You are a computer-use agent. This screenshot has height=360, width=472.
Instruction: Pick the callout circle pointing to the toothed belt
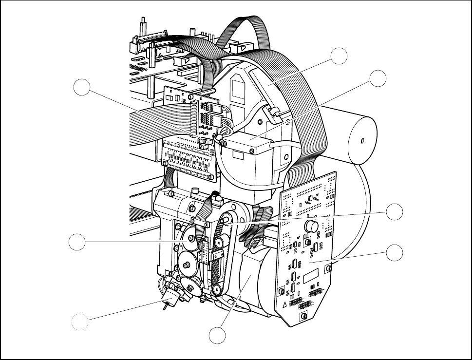(395, 212)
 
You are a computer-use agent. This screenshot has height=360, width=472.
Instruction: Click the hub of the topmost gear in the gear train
(190, 238)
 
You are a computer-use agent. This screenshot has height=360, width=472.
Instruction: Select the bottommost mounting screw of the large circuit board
(303, 317)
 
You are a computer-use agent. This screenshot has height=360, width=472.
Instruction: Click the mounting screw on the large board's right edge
(330, 267)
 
